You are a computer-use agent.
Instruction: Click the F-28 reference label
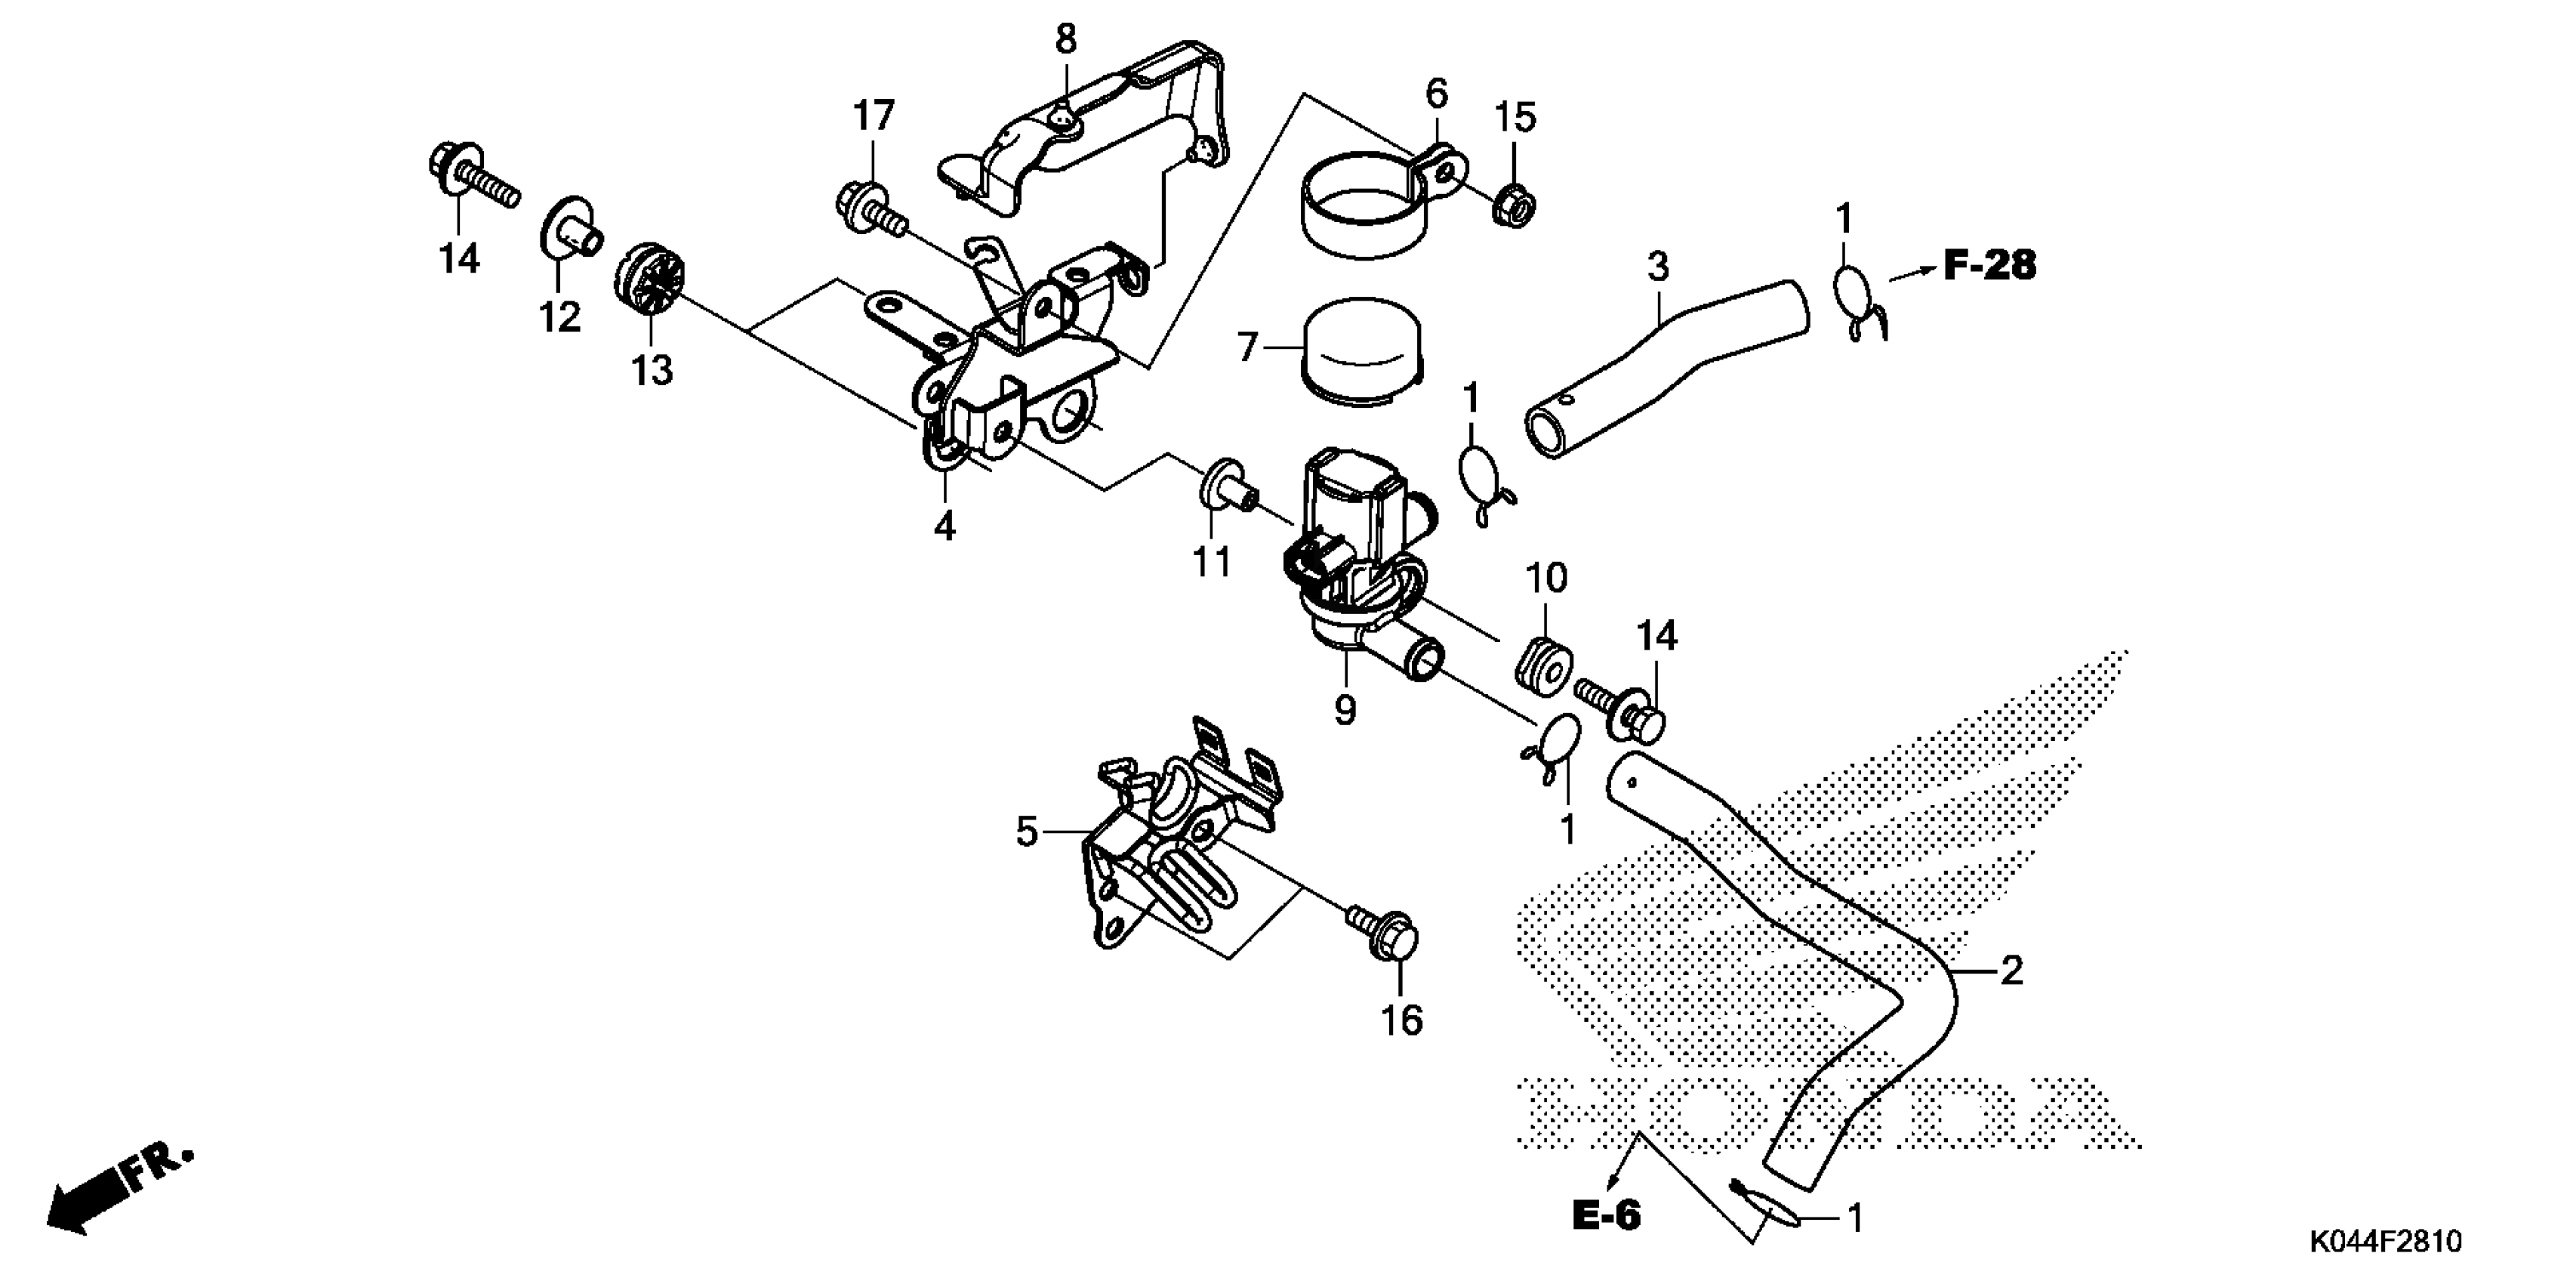[1990, 265]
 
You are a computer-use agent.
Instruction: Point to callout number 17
[874, 116]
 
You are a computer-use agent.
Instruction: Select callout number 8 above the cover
[1065, 40]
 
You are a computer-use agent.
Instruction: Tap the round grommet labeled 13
[651, 282]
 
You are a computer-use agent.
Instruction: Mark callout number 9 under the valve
[1345, 710]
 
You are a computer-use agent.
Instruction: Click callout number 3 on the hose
[1657, 268]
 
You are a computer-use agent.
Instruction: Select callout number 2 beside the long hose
[2011, 970]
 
